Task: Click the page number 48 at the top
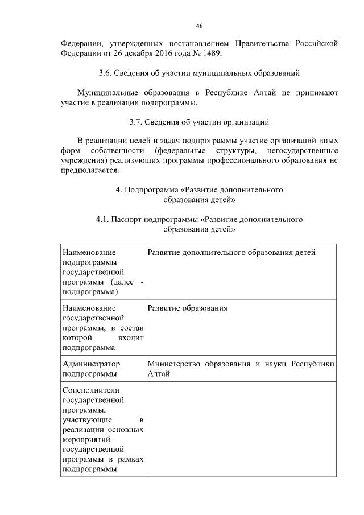click(199, 26)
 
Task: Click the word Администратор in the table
click(92, 364)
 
